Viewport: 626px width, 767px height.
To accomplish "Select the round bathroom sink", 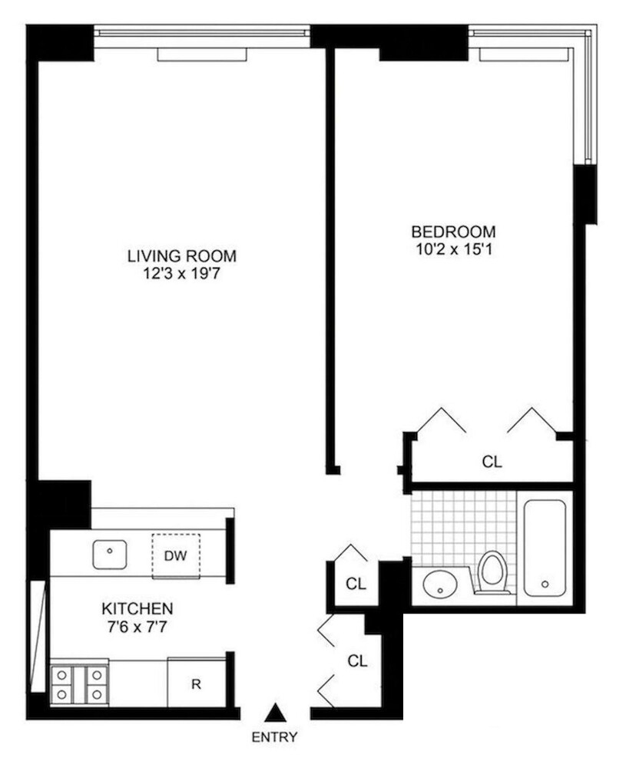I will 439,588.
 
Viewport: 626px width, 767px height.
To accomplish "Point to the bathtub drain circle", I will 545,584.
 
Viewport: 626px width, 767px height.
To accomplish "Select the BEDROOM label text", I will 453,232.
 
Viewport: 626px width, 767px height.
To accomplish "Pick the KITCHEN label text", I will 137,608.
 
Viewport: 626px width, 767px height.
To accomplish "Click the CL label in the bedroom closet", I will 492,462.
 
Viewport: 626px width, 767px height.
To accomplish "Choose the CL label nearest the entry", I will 356,660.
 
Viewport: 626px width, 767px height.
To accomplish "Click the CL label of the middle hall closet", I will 356,584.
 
